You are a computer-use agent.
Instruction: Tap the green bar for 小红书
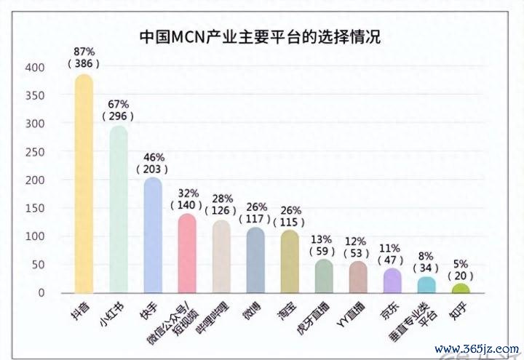click(x=119, y=211)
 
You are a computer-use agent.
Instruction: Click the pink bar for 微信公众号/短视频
click(x=187, y=255)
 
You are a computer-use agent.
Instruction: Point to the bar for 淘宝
click(x=290, y=262)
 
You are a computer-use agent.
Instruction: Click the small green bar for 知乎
click(x=461, y=289)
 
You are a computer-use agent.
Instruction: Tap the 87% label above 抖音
click(x=84, y=52)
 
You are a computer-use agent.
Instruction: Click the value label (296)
click(x=119, y=116)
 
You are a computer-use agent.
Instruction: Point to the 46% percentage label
click(x=153, y=156)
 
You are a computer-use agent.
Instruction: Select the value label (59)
click(x=323, y=252)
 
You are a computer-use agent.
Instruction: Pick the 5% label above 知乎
click(x=461, y=264)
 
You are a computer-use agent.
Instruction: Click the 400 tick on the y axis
click(x=36, y=68)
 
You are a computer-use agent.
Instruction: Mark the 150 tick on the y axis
click(x=36, y=209)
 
